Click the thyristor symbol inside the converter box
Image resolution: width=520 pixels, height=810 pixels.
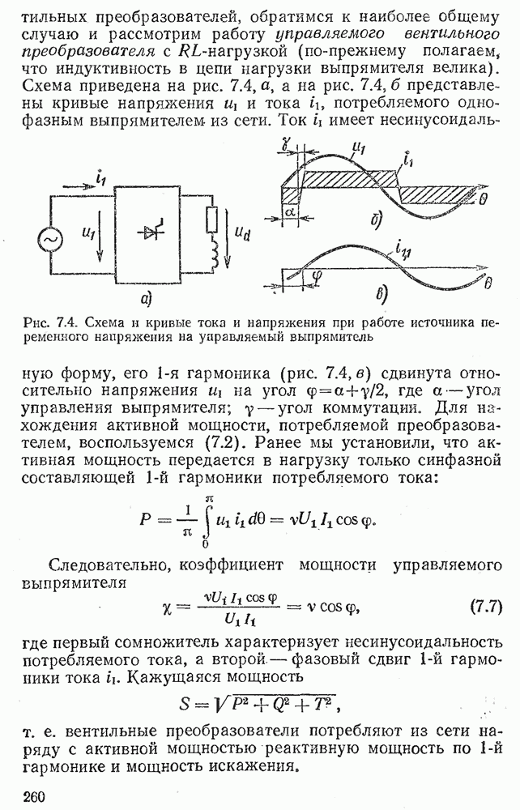(153, 232)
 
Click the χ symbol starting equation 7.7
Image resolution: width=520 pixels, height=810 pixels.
(168, 607)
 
